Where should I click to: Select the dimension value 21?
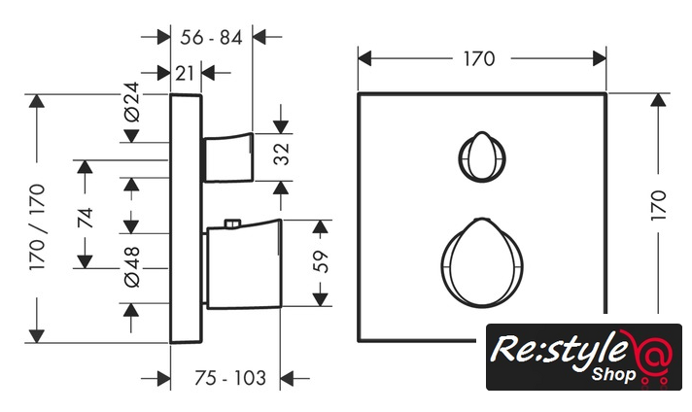click(x=187, y=72)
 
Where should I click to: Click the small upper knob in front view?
click(x=480, y=154)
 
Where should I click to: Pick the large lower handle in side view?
click(x=243, y=266)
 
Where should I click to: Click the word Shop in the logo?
click(x=613, y=373)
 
